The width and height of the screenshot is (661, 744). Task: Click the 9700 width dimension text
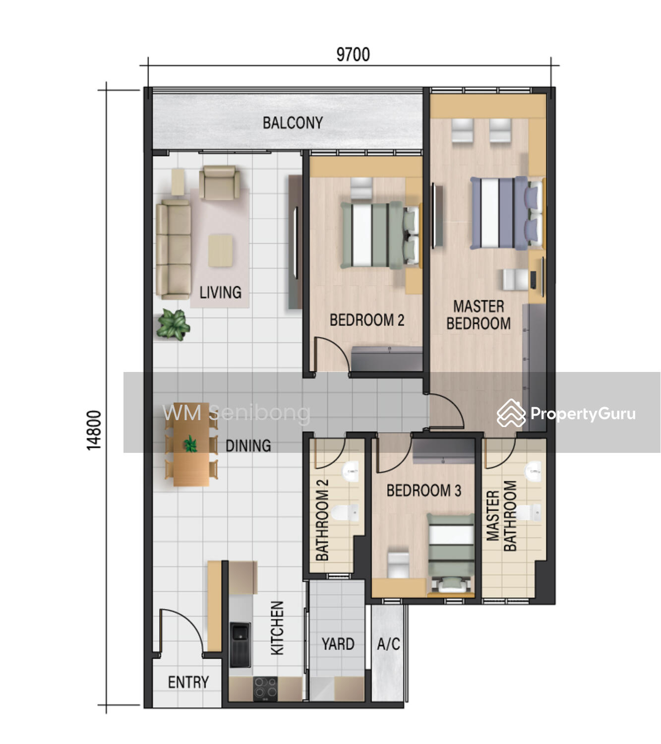[353, 55]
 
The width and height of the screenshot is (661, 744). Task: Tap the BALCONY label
[293, 123]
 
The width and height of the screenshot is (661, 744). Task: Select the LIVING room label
[220, 292]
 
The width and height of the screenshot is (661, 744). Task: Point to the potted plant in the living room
[173, 324]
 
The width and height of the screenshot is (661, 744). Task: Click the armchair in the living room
[219, 183]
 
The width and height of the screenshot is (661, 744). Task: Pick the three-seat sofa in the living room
[174, 249]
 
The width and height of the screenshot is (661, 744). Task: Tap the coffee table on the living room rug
[220, 250]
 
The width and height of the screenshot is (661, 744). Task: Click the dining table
[191, 444]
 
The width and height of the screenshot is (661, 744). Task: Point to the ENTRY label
[188, 682]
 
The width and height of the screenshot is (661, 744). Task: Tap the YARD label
[338, 644]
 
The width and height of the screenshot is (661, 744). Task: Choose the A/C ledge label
[389, 644]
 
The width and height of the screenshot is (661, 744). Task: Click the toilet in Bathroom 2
[345, 512]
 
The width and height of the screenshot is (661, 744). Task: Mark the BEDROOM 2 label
[367, 320]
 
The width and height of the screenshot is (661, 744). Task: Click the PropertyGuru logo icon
[511, 413]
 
